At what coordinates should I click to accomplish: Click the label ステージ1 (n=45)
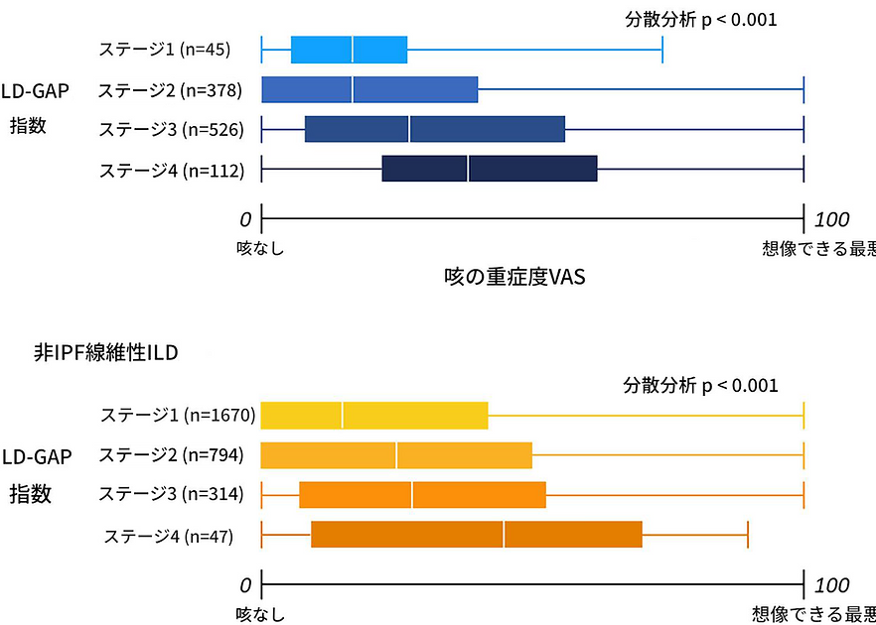click(165, 49)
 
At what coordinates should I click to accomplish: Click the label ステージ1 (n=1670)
click(178, 415)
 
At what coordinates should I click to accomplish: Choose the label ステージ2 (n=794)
click(171, 455)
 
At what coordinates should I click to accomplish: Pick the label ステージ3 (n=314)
click(171, 494)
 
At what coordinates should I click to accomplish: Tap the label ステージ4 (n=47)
click(168, 536)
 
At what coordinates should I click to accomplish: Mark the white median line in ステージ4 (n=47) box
click(504, 535)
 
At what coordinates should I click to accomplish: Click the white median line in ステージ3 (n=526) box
click(409, 129)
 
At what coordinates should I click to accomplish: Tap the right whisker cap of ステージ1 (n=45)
click(662, 49)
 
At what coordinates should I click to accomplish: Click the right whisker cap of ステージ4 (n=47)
click(747, 535)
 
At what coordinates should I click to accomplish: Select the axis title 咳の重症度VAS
click(514, 277)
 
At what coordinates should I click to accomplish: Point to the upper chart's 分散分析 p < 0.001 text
click(700, 20)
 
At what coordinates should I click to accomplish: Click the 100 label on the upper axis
click(831, 219)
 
